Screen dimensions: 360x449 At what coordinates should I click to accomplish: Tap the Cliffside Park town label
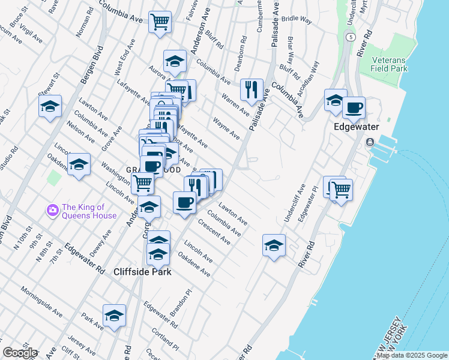coord(143,272)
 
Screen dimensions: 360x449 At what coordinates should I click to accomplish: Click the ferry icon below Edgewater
coord(369,142)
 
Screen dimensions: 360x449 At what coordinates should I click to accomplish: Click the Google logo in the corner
coord(19,353)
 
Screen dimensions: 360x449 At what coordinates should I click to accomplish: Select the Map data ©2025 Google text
coord(412,355)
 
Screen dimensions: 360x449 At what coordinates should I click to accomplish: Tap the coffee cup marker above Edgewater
coord(354,107)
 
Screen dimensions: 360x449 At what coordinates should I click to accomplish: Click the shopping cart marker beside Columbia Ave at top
coord(160,23)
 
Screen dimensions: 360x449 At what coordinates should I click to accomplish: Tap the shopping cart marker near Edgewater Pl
coord(341,190)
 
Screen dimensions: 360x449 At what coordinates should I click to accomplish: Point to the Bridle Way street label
coord(298,20)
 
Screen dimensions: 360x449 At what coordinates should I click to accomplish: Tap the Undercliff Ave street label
coord(295,203)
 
